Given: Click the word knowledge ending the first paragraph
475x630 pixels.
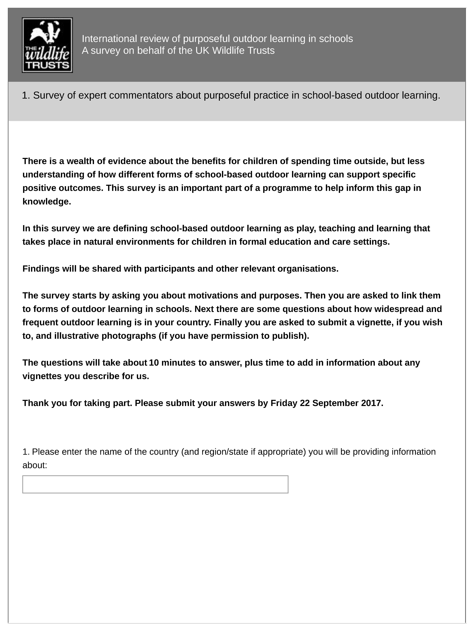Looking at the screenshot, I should click(46, 202).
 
